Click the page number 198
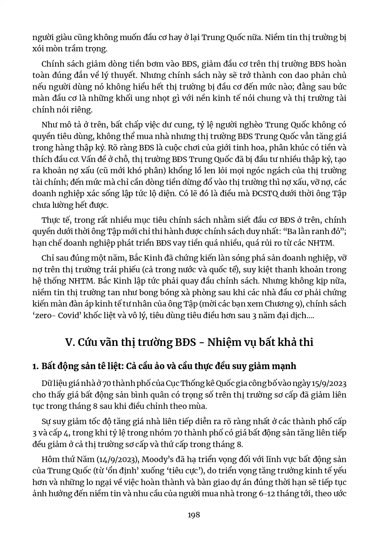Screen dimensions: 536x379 pos(194,515)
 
